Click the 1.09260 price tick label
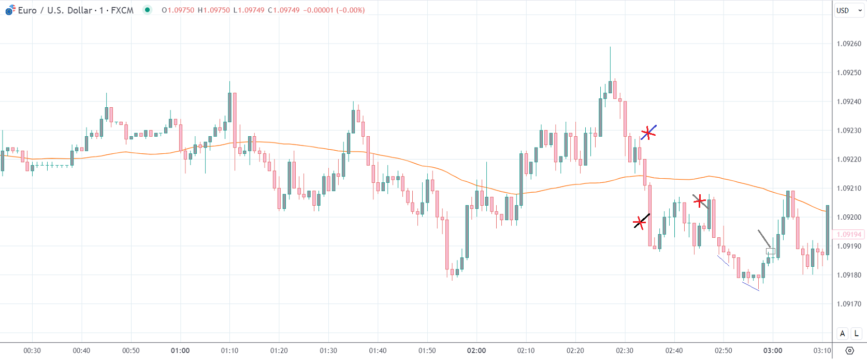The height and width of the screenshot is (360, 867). pos(849,44)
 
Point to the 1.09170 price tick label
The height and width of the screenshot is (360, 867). pos(849,304)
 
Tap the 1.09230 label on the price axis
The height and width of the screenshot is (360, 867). pos(849,131)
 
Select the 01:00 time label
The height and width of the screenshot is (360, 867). pos(180,351)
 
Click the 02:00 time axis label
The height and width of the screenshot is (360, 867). pos(476,351)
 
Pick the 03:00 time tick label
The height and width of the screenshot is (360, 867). pos(773,351)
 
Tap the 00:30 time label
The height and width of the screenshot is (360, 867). pos(32,351)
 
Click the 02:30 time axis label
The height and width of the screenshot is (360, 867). pos(625,351)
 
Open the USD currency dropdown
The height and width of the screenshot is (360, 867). pos(849,10)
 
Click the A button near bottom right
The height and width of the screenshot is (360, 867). pos(843,334)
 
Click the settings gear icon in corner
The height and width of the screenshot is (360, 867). pos(849,351)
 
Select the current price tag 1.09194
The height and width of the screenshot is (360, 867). pos(849,235)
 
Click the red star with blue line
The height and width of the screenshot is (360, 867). pos(648,133)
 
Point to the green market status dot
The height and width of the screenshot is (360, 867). pos(148,10)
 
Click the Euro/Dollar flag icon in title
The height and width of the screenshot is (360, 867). pos(10,10)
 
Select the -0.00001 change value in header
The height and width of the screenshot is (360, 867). pos(318,10)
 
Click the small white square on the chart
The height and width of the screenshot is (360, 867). pos(771,251)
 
